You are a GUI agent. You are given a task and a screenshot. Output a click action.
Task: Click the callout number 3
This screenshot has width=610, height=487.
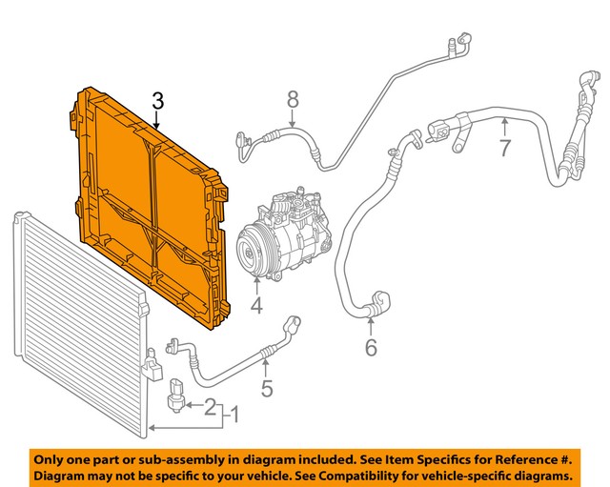tap(157, 101)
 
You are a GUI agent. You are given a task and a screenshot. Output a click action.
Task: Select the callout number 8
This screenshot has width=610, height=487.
tap(293, 97)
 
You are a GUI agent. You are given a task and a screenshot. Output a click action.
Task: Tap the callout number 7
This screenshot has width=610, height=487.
tap(505, 149)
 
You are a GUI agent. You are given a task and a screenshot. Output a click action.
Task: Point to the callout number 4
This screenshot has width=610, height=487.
tap(255, 306)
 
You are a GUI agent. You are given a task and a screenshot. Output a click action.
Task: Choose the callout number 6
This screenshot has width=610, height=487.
tap(371, 348)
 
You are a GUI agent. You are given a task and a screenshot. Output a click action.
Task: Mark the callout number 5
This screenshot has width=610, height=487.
tap(267, 388)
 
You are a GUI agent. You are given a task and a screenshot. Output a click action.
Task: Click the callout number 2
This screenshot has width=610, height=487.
tap(211, 407)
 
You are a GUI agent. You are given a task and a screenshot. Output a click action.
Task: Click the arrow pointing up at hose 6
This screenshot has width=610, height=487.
tap(371, 326)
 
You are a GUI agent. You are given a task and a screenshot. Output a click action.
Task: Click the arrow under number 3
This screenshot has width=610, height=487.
tap(157, 120)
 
